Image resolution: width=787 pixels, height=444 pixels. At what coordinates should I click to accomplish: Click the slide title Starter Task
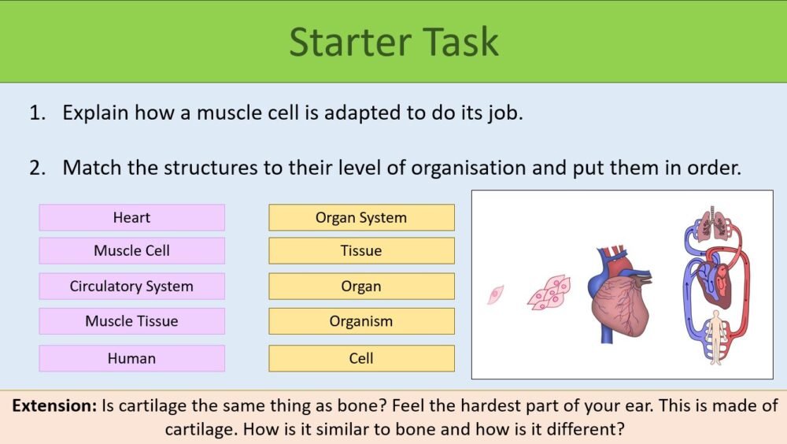point(393,41)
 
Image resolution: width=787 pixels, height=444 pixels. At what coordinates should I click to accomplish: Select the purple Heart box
point(131,217)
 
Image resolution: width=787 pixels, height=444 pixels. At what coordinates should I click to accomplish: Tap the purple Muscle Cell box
point(131,251)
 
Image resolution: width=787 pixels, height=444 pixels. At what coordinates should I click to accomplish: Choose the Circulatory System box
point(131,286)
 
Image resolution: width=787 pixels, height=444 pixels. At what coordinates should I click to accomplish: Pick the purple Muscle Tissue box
point(131,320)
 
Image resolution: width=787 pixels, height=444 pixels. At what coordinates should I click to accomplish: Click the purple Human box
point(131,358)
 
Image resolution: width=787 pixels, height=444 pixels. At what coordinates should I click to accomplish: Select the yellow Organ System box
point(361,217)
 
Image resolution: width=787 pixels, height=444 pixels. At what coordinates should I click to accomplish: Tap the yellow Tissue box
point(361,251)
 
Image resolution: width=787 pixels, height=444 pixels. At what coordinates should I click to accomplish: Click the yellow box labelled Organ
point(361,286)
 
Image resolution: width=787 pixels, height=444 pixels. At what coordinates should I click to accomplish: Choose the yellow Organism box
point(361,320)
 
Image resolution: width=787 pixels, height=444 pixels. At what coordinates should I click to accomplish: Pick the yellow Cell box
point(361,358)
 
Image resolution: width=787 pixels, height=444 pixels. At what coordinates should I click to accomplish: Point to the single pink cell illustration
point(495,294)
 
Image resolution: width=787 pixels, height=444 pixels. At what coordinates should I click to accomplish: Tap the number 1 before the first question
point(36,113)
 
